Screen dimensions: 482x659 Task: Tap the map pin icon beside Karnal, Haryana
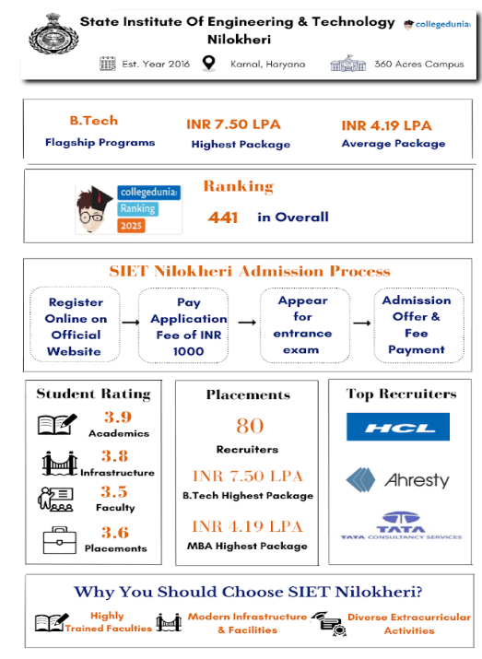click(x=208, y=65)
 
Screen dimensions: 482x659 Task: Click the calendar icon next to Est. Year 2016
click(x=106, y=65)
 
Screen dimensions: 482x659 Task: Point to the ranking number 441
click(x=223, y=218)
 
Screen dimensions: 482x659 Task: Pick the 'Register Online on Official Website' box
click(x=76, y=326)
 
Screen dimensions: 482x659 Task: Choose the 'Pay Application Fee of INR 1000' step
click(x=188, y=326)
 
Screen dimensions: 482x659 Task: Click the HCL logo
click(x=398, y=429)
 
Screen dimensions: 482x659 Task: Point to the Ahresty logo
click(x=397, y=480)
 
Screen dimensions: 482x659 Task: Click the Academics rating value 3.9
click(x=116, y=417)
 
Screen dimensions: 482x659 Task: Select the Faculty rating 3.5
click(x=115, y=492)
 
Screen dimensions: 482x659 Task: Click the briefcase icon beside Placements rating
click(x=58, y=539)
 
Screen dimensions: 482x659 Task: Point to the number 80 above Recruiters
click(x=249, y=426)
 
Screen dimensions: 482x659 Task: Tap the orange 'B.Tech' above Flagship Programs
click(x=94, y=121)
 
